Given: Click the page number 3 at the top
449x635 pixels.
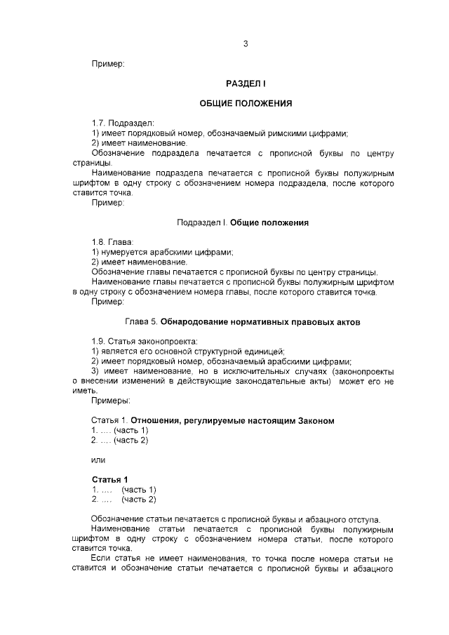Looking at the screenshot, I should pyautogui.click(x=246, y=44).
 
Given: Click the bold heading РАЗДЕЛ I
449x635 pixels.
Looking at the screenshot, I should pyautogui.click(x=246, y=83).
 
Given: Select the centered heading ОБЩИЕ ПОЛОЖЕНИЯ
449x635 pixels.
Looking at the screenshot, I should pyautogui.click(x=246, y=103).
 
